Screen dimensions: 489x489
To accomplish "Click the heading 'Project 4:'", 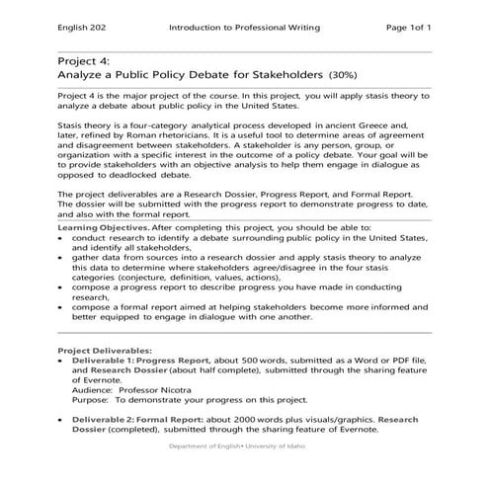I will [x=84, y=61].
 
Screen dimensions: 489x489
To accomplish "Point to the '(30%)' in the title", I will [x=346, y=74].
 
